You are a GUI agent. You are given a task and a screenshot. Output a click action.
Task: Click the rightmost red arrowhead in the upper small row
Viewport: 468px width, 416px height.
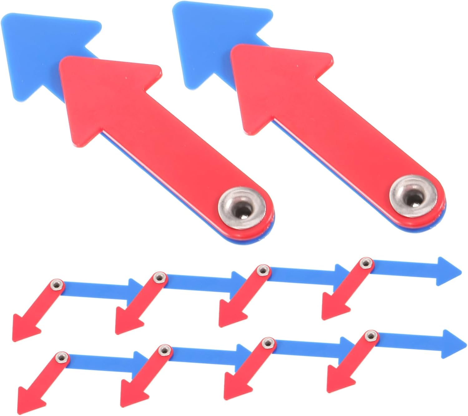click(x=334, y=306)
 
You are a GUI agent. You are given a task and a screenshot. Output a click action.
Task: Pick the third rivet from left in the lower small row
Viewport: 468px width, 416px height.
click(x=267, y=344)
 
